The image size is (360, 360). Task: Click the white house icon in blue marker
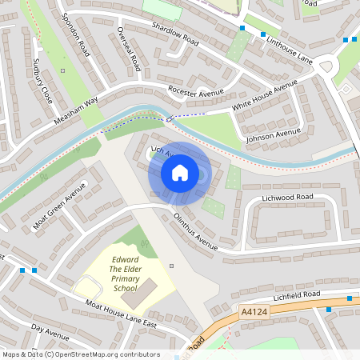tap(180, 172)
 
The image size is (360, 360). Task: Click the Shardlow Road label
tap(174, 34)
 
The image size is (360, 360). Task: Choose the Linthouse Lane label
tap(290, 48)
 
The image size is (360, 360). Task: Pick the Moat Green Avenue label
tap(59, 207)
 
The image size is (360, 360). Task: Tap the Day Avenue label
tap(50, 330)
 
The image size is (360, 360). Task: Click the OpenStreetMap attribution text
tap(81, 354)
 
